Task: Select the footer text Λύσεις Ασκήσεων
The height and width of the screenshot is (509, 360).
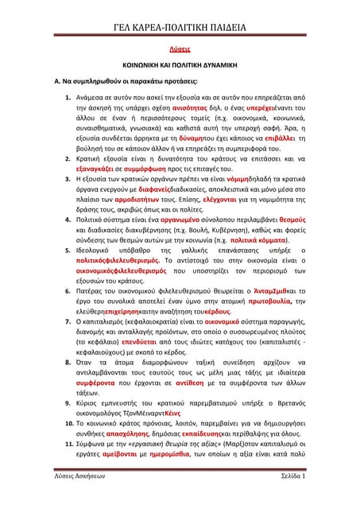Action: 68,499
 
